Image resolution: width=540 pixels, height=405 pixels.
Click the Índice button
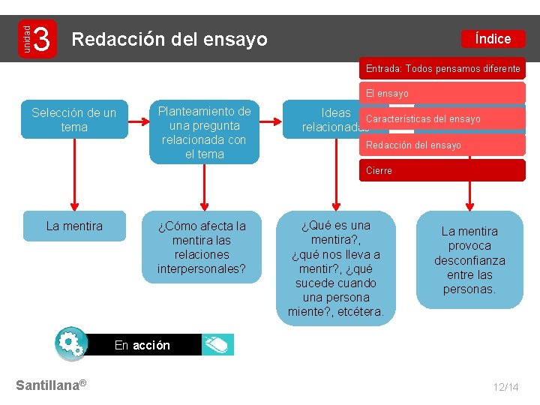(x=493, y=39)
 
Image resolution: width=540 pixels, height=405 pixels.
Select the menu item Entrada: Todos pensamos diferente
(x=442, y=69)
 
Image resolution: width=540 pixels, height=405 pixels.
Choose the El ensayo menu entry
(x=442, y=94)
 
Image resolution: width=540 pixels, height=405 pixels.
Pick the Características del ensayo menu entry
(x=442, y=119)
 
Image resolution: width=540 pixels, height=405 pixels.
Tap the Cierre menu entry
(x=442, y=171)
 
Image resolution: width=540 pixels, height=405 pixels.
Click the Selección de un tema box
(x=74, y=120)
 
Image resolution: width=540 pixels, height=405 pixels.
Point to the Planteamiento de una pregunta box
(x=204, y=132)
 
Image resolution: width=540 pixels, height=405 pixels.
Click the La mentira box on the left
(x=74, y=226)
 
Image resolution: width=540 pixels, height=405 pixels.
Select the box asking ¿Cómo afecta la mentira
(x=202, y=247)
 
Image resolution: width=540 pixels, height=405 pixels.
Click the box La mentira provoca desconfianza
(x=469, y=260)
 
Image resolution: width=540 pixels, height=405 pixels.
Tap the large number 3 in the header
(x=43, y=39)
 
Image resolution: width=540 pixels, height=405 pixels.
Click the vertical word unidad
(x=25, y=39)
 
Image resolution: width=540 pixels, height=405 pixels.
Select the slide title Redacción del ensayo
(x=169, y=40)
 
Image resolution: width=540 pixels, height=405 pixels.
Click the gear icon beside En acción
(x=71, y=344)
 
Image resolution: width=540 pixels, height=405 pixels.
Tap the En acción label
(x=142, y=345)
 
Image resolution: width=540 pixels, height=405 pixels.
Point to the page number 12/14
(x=505, y=387)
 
